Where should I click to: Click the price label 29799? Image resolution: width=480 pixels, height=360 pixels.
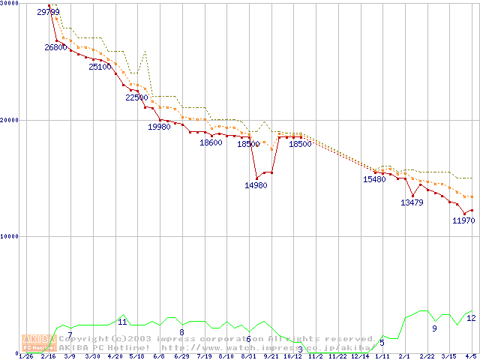(48, 12)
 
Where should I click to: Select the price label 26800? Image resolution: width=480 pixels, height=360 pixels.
(55, 47)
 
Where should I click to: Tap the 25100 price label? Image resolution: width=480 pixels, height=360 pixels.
(100, 67)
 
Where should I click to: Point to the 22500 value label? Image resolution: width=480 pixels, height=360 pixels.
(136, 97)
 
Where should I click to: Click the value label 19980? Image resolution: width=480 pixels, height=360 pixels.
(159, 127)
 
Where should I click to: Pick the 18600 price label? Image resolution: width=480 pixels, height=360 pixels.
(211, 143)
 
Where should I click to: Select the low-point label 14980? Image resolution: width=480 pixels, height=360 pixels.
(256, 185)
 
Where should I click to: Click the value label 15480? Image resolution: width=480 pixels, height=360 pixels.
(374, 179)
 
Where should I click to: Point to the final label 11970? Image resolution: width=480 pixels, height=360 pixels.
(463, 220)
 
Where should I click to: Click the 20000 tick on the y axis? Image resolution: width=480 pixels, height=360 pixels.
(8, 120)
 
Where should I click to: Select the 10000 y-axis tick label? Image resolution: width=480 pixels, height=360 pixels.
(8, 236)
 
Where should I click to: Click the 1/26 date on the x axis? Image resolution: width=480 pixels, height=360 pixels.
(25, 356)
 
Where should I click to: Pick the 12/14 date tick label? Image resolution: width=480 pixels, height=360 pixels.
(361, 356)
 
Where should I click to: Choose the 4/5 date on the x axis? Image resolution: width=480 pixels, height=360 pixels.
(471, 356)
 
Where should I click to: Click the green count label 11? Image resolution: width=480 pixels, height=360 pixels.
(122, 322)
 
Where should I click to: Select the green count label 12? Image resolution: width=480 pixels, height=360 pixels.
(471, 318)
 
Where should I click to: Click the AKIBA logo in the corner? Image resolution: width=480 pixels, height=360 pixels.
(38, 343)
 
